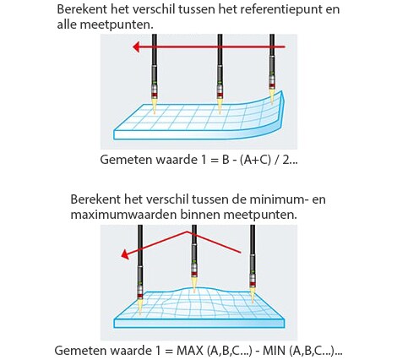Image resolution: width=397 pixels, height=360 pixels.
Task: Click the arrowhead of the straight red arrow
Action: click(136, 47)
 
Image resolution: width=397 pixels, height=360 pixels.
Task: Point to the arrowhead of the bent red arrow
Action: click(125, 254)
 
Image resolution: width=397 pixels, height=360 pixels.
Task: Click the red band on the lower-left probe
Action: click(139, 296)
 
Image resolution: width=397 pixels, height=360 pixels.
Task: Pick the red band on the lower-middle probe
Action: click(194, 274)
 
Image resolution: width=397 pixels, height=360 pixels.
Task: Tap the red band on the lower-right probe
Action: click(253, 284)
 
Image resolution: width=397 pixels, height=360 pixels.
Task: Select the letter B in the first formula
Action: click(226, 160)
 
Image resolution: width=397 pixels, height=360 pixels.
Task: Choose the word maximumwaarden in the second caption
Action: click(123, 215)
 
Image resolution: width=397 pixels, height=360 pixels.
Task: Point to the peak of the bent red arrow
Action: click(187, 232)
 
